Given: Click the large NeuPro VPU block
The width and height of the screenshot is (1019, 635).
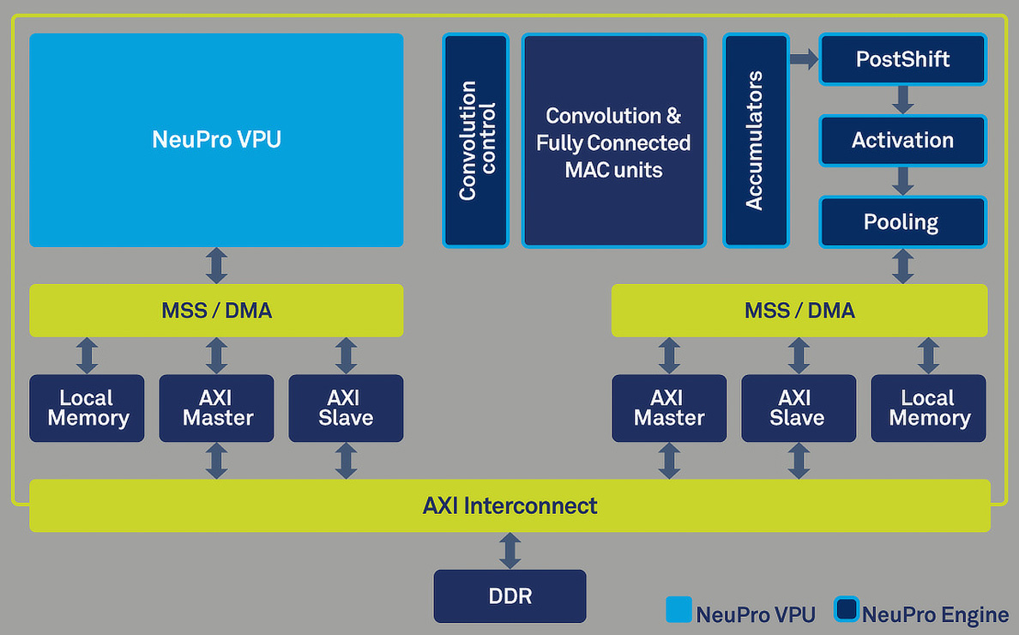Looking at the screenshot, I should tap(216, 140).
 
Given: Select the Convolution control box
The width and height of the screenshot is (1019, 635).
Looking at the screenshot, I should tap(476, 141).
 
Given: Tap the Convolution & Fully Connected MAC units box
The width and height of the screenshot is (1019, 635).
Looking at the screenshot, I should tap(613, 141).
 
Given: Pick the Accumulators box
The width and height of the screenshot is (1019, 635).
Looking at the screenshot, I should tap(755, 141).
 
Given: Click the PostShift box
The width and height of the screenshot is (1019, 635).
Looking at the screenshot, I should tap(902, 59).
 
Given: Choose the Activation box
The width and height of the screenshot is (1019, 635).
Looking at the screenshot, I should tap(902, 141).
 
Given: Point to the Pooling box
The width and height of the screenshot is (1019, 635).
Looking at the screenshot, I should tap(902, 222).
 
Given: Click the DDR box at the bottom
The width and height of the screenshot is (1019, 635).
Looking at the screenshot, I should tap(509, 596).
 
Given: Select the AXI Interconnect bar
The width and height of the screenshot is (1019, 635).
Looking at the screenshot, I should tap(509, 505).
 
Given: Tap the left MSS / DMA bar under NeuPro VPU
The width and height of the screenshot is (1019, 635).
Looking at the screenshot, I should tap(216, 311).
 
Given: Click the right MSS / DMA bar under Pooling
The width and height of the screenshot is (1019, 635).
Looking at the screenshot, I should tap(799, 311).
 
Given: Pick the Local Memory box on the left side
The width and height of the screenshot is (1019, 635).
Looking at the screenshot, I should tap(87, 408).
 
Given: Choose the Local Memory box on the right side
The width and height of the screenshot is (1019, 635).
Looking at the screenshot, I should tap(928, 408).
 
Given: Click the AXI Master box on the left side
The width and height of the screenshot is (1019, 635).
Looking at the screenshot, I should tap(216, 408).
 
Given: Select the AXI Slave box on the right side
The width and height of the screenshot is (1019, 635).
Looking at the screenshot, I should tap(798, 408).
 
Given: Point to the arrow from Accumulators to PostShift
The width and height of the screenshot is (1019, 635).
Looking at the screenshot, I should tap(804, 59).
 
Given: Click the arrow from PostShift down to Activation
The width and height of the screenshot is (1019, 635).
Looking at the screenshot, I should tap(902, 100).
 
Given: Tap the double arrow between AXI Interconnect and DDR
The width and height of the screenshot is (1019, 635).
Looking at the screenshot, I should tap(510, 550).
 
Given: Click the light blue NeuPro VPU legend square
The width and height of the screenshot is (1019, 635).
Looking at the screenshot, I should tap(678, 609).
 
